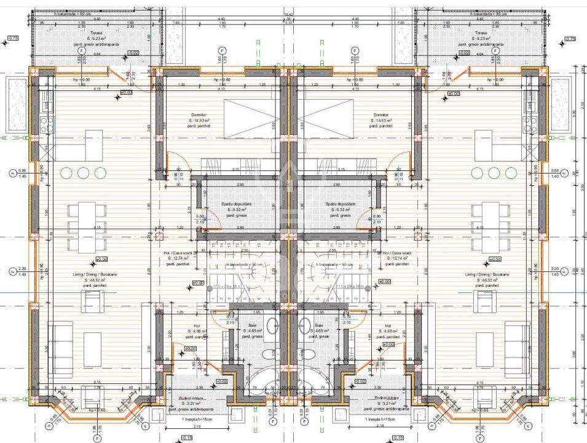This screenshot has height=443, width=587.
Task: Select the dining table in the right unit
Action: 490,226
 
